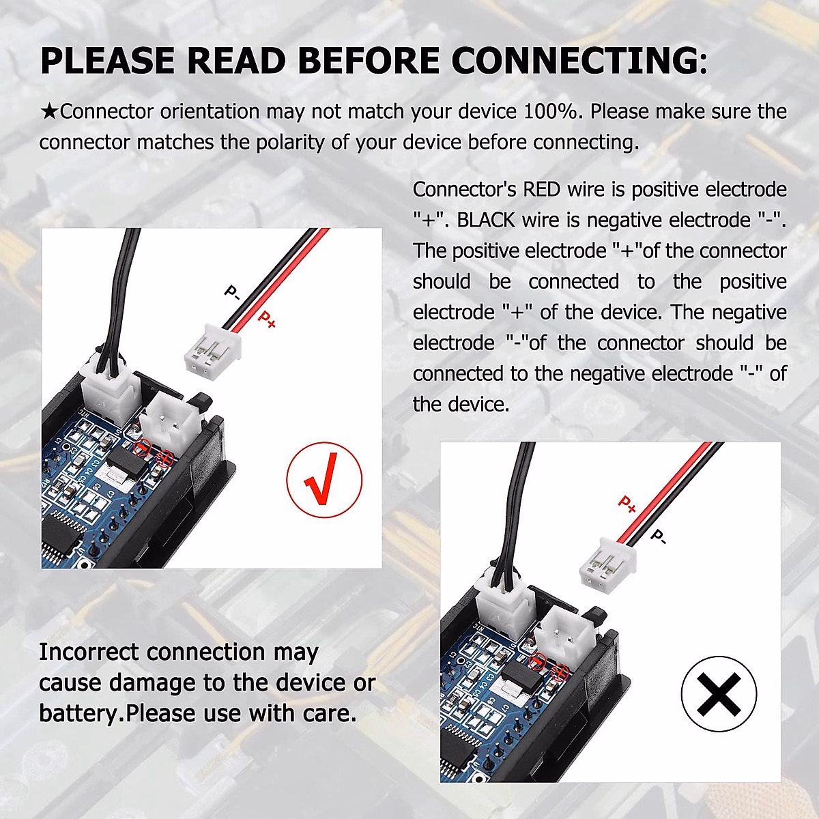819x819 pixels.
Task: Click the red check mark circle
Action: (x=324, y=479)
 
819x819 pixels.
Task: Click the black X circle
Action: (x=719, y=693)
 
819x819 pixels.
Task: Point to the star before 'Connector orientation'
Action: (x=49, y=111)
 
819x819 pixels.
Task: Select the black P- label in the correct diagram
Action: (x=232, y=293)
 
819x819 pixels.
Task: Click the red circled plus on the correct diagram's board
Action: (x=164, y=458)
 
